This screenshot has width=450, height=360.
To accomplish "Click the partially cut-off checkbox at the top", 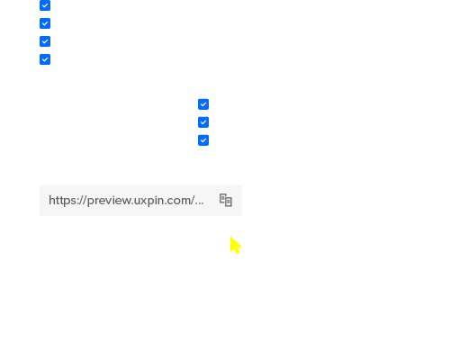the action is [45, 5].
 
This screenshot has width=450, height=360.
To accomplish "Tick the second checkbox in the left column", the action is [45, 23].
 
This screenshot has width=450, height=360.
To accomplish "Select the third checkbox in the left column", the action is [45, 41].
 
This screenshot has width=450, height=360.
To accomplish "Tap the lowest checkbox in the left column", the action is [45, 59].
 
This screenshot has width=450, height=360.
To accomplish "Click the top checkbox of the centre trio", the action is [203, 104].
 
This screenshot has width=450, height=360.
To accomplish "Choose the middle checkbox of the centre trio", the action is [203, 122].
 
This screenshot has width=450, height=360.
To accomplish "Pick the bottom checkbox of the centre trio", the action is [203, 140].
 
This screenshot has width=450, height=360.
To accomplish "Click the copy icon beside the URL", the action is [226, 200].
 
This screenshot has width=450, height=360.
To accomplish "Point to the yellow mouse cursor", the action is [236, 245].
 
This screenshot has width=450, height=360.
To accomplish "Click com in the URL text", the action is [174, 201].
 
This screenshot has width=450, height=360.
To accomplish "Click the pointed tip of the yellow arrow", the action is [230, 237].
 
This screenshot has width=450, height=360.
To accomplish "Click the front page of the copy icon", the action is [229, 202].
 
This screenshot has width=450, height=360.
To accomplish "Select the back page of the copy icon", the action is [222, 199].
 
